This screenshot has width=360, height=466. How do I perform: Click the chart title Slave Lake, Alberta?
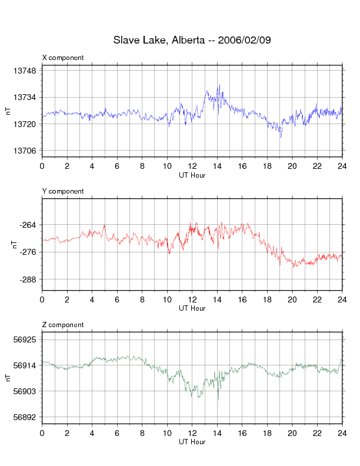[x=158, y=41]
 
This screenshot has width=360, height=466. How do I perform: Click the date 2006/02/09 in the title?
[x=244, y=41]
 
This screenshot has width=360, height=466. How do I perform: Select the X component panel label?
[x=63, y=58]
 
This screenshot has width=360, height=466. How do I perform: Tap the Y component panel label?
[x=63, y=191]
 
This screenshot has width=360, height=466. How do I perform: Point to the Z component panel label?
[x=63, y=325]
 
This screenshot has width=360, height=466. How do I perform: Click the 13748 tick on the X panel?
[x=24, y=71]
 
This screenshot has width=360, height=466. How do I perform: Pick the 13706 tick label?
[x=24, y=151]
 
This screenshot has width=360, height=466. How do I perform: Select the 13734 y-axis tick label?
[x=24, y=98]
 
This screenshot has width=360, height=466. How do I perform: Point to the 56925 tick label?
[x=24, y=340]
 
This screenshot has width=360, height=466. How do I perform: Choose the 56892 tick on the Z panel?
[x=24, y=418]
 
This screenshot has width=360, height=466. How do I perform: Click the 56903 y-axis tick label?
[x=24, y=391]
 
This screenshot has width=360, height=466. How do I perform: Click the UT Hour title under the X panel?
[x=192, y=175]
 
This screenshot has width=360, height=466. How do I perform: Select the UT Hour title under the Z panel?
[x=192, y=442]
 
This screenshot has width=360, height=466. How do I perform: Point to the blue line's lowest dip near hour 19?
[x=281, y=137]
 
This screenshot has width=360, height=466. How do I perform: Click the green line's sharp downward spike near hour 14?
[x=218, y=400]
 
